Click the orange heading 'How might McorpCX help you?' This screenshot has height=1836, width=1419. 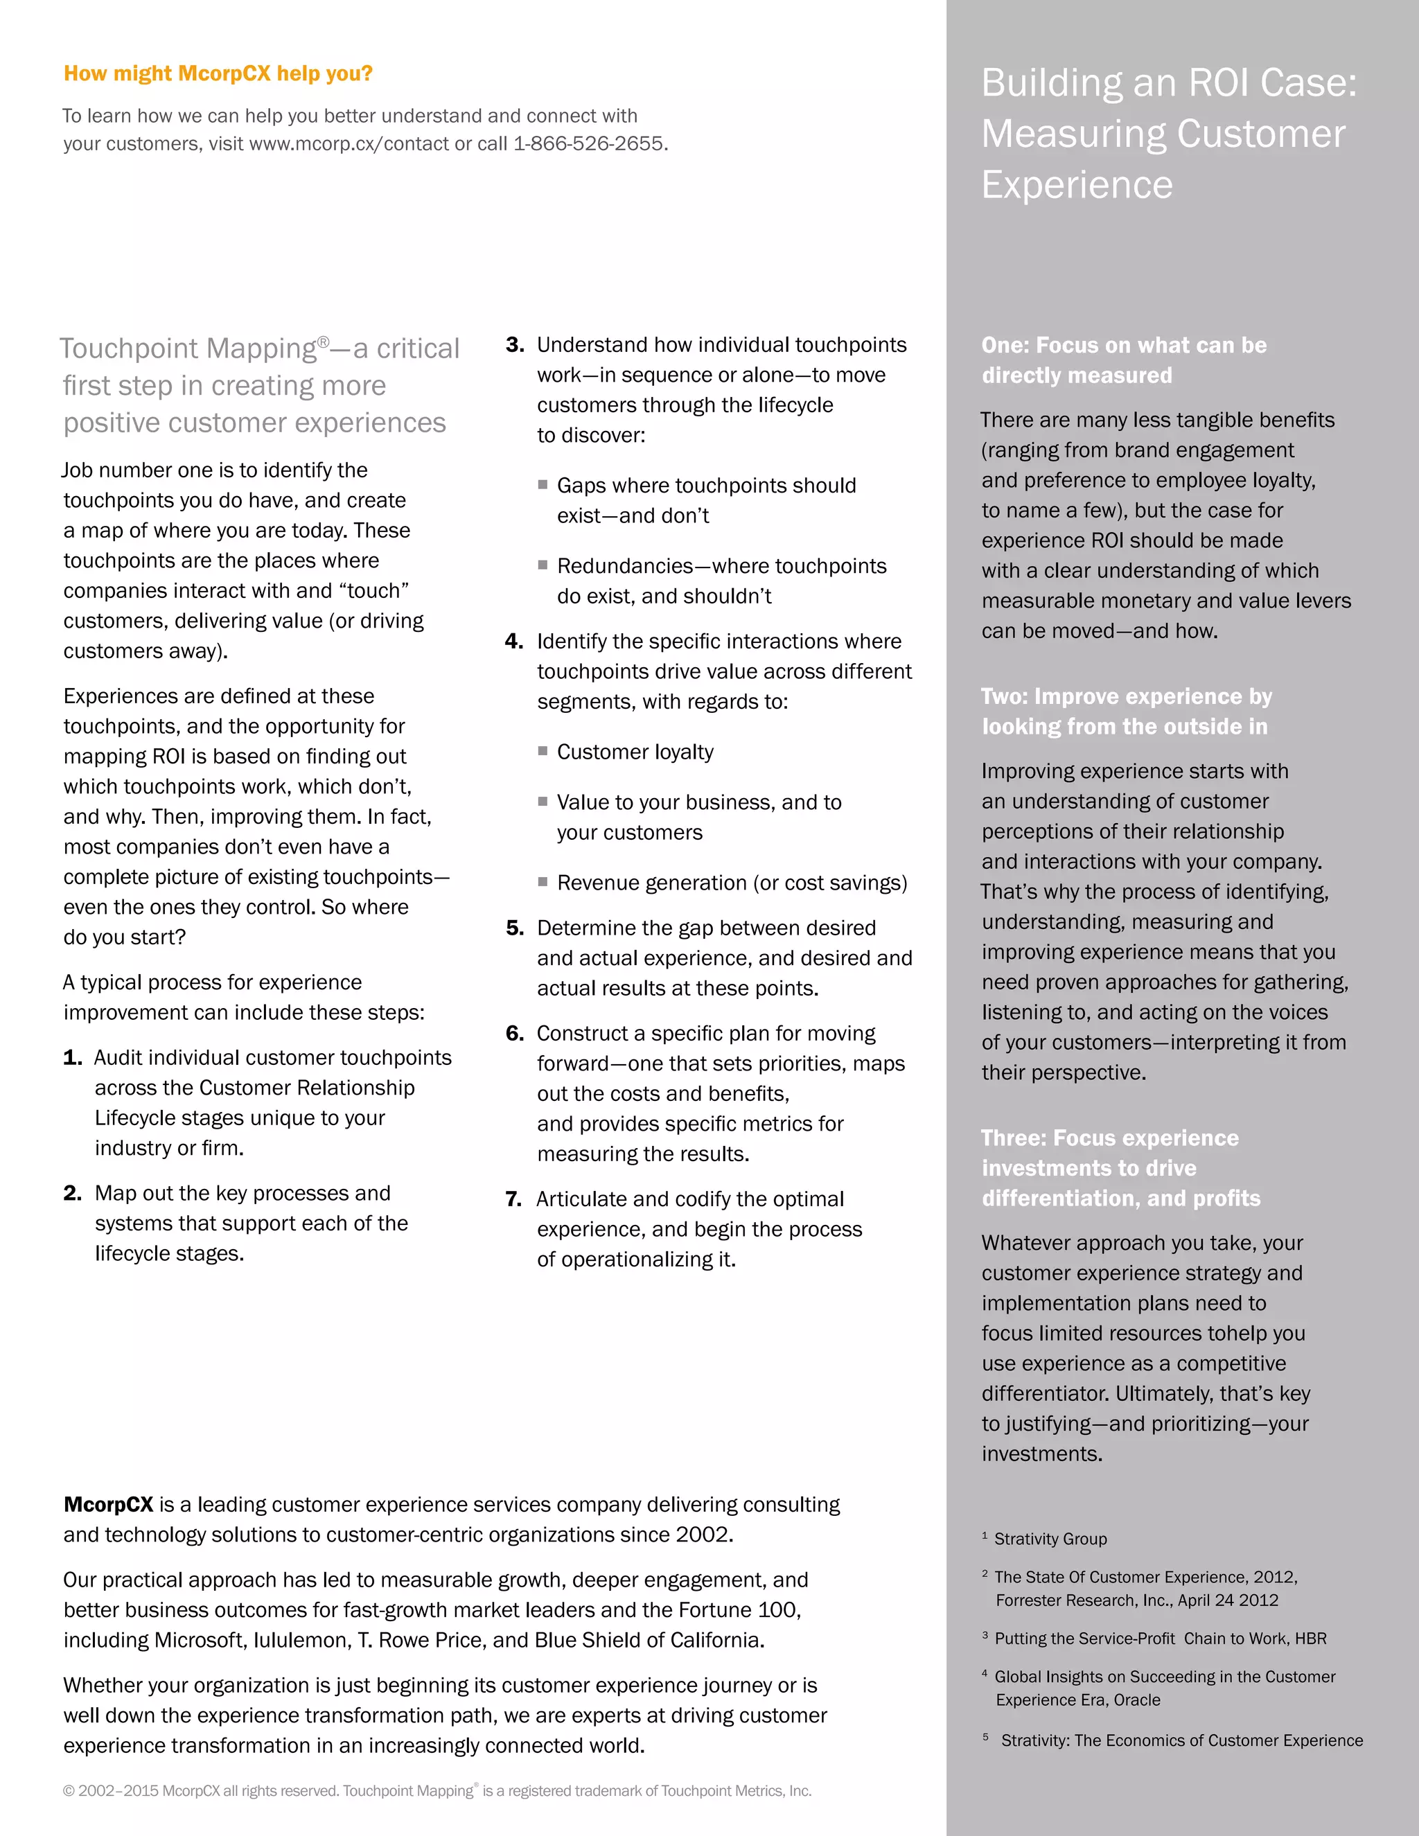[x=218, y=74]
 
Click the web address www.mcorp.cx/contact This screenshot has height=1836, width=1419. [x=349, y=143]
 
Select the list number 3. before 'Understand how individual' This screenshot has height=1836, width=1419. [x=515, y=344]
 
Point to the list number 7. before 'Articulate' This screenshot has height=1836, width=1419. [x=513, y=1199]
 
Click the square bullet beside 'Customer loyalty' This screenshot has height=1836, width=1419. [x=543, y=751]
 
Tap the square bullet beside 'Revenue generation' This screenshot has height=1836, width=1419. [x=543, y=882]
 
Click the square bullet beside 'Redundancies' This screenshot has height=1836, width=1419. [x=543, y=565]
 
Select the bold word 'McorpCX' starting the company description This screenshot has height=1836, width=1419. [x=109, y=1505]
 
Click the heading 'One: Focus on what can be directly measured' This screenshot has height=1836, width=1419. [x=1123, y=360]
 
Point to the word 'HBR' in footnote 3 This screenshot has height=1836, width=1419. [x=1310, y=1639]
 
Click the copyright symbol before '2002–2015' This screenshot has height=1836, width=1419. [x=69, y=1790]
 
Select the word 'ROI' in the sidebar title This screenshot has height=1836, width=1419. [x=1207, y=83]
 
